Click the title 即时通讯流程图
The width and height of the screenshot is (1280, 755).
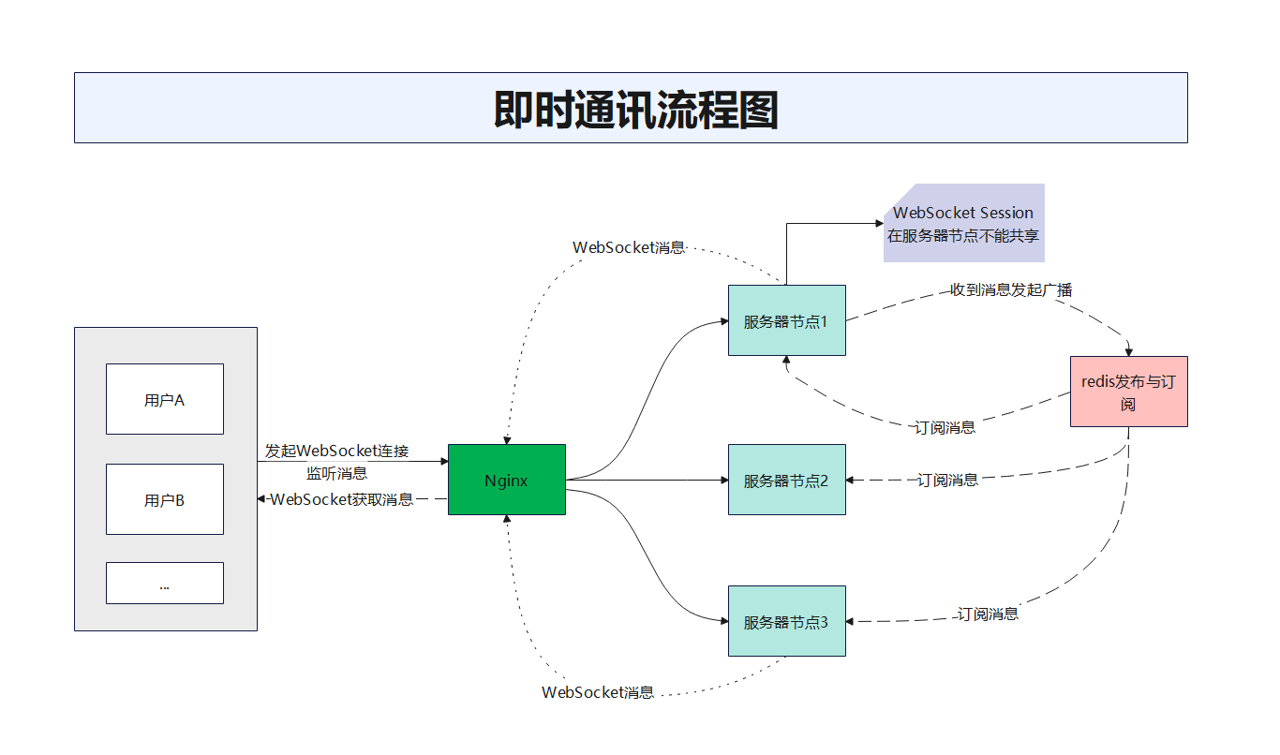pyautogui.click(x=635, y=111)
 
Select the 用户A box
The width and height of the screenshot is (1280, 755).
pyautogui.click(x=165, y=399)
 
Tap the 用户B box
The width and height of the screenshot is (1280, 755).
pyautogui.click(x=165, y=499)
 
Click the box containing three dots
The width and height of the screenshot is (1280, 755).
pyautogui.click(x=165, y=583)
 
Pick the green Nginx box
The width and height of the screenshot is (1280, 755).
pyautogui.click(x=507, y=480)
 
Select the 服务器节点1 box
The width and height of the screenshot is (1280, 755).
pyautogui.click(x=787, y=320)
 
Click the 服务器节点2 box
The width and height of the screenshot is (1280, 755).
pyautogui.click(x=787, y=480)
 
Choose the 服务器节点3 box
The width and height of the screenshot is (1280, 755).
pyautogui.click(x=787, y=621)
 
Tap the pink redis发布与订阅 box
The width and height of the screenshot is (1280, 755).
pyautogui.click(x=1128, y=392)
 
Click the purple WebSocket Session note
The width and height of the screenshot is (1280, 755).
pyautogui.click(x=964, y=223)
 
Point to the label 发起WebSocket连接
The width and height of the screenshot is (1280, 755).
pyautogui.click(x=336, y=452)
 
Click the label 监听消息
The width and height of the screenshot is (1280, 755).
pyautogui.click(x=336, y=473)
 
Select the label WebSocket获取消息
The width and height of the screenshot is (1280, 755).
pyautogui.click(x=341, y=499)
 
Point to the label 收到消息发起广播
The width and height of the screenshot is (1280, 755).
pyautogui.click(x=1011, y=290)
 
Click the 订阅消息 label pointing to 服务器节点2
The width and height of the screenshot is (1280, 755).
pyautogui.click(x=947, y=481)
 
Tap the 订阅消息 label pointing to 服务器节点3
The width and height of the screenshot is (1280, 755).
pyautogui.click(x=988, y=614)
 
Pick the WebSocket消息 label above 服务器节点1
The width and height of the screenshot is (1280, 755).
pyautogui.click(x=629, y=248)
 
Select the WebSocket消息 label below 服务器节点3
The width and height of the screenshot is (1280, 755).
pyautogui.click(x=598, y=693)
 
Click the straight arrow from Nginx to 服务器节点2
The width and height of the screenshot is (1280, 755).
pyautogui.click(x=647, y=481)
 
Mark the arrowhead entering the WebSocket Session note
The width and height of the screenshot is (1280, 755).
pyautogui.click(x=880, y=223)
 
